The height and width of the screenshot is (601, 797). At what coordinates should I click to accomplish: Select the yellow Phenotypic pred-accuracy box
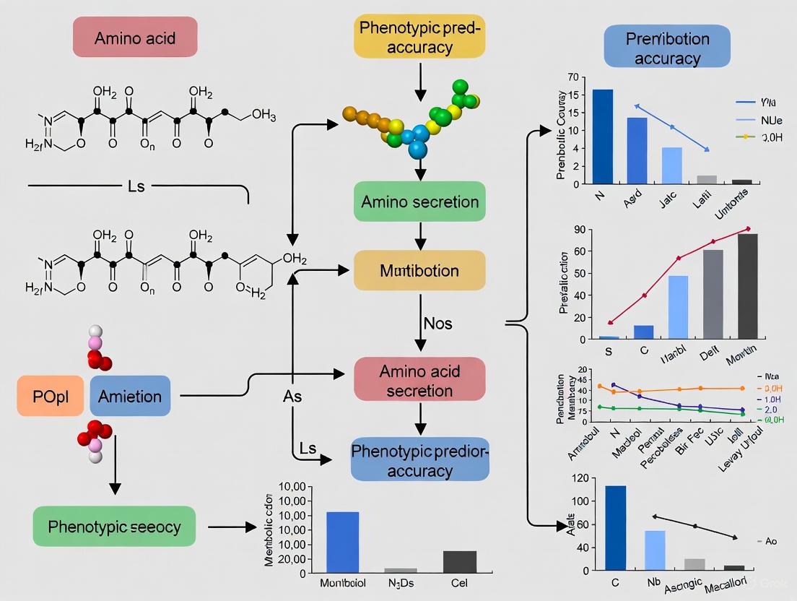[x=419, y=37]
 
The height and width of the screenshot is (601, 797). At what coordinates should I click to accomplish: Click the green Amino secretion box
[x=419, y=202]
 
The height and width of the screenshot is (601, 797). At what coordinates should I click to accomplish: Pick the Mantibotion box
[x=419, y=272]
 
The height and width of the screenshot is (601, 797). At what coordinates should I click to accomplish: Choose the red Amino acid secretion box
[x=419, y=380]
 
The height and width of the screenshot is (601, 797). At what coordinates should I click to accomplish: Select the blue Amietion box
[x=130, y=396]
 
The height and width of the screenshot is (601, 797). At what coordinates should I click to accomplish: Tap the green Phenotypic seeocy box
[x=115, y=526]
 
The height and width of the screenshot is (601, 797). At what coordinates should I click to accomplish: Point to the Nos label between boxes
[x=437, y=323]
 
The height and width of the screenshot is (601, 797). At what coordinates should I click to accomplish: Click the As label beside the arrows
[x=292, y=397]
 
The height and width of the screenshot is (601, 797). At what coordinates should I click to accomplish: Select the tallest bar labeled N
[x=603, y=137]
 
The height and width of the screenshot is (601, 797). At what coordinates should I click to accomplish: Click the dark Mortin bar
[x=748, y=286]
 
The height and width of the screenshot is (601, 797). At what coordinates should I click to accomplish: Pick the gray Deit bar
[x=713, y=294]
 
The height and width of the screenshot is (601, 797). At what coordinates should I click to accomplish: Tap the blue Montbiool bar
[x=342, y=542]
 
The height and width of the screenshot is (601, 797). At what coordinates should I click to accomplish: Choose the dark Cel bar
[x=459, y=562]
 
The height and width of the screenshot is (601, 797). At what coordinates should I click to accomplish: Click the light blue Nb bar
[x=655, y=552]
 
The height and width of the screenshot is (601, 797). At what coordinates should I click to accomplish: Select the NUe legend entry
[x=771, y=119]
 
